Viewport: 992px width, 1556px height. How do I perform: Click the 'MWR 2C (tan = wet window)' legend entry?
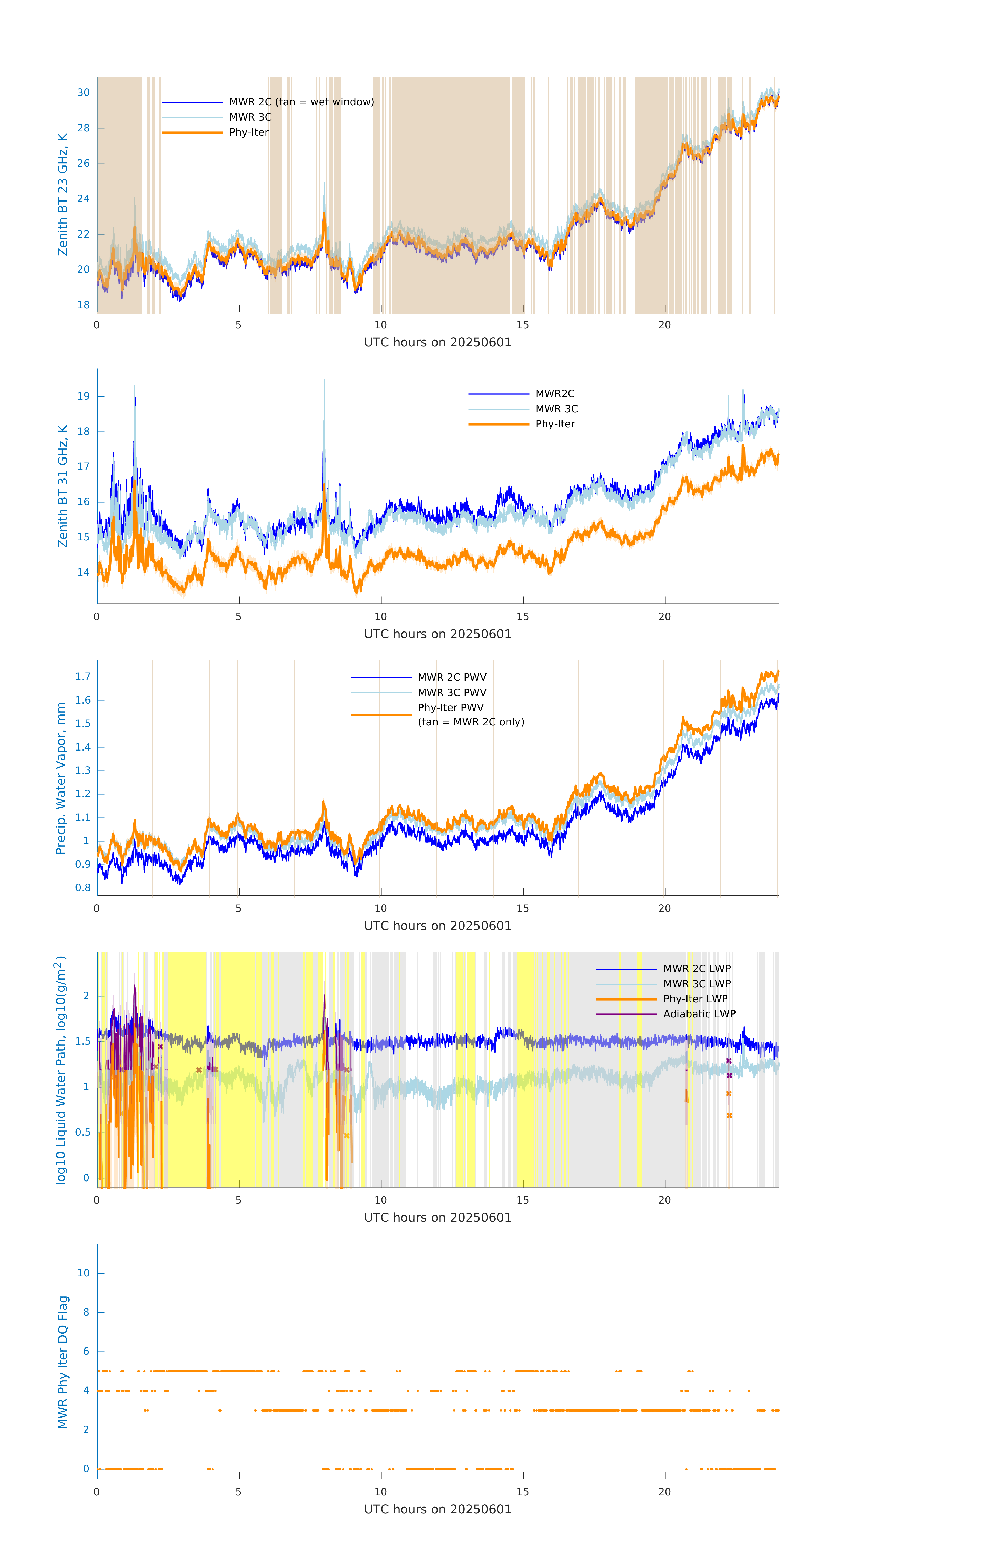(x=301, y=102)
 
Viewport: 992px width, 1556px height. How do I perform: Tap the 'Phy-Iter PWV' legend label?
(x=450, y=707)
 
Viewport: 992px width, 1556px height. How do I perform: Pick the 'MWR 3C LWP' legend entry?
(x=697, y=983)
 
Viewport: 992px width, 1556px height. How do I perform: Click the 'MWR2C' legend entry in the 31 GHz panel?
(x=554, y=393)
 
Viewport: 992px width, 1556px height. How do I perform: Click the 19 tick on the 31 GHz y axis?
(x=83, y=396)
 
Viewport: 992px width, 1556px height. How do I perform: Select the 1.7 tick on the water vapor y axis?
(x=83, y=677)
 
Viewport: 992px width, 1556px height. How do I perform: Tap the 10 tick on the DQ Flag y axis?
(x=83, y=1273)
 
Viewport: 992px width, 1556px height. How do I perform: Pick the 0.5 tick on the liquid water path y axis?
(x=83, y=1132)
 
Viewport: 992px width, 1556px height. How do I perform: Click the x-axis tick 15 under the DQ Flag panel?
(x=522, y=1492)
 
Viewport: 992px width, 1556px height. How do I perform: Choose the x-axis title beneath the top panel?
(x=438, y=343)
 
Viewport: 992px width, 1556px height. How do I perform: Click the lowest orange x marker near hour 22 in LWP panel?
(x=729, y=1115)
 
